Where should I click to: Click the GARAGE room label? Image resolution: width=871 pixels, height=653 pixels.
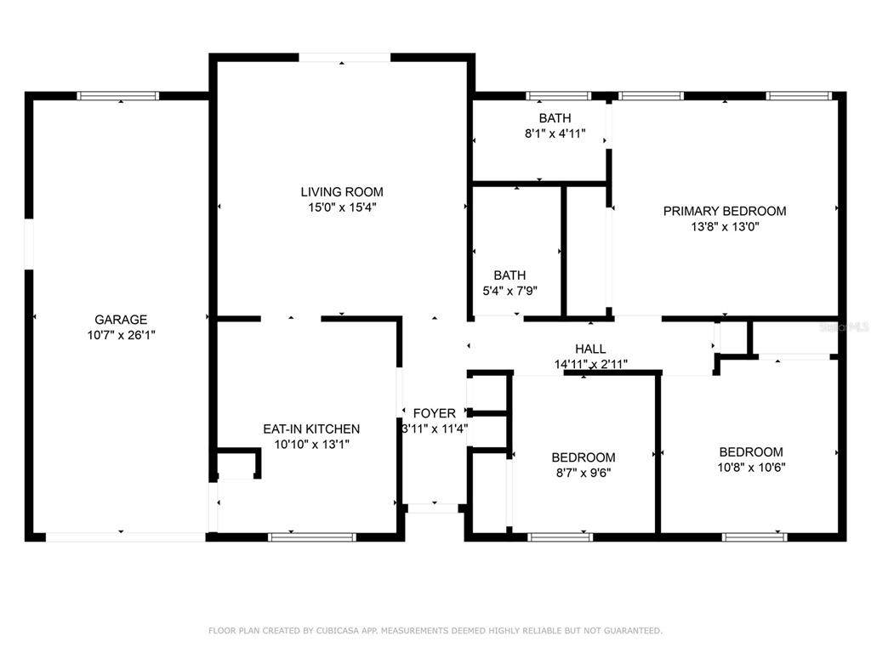click(121, 320)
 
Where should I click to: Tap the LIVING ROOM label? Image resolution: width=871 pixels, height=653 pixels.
click(342, 192)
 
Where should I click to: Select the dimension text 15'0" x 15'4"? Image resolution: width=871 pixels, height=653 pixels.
click(342, 207)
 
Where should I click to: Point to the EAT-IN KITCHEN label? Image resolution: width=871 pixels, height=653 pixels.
click(311, 429)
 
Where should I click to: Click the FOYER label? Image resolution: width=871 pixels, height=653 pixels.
click(435, 413)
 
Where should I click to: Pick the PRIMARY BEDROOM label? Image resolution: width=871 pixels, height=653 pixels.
click(725, 211)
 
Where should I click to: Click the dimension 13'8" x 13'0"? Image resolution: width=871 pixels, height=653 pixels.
click(725, 226)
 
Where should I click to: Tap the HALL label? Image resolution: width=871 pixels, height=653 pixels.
click(590, 349)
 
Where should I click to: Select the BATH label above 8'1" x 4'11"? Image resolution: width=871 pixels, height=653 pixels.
click(555, 117)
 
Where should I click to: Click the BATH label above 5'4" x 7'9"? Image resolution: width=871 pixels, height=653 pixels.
click(510, 275)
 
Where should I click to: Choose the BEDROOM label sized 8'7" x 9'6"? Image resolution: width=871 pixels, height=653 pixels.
click(584, 457)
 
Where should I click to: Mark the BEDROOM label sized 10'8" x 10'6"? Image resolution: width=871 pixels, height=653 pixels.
click(751, 452)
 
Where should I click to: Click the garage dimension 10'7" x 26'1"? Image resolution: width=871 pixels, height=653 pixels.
click(121, 335)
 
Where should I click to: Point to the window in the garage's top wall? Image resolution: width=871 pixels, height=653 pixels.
click(117, 96)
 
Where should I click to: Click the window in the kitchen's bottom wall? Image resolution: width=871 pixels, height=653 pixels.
click(311, 537)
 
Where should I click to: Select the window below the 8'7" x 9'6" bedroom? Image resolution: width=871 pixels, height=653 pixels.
click(560, 537)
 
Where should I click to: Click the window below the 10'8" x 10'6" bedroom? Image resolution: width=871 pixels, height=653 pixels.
click(754, 537)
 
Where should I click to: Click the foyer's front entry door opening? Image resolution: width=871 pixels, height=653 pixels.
click(433, 508)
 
